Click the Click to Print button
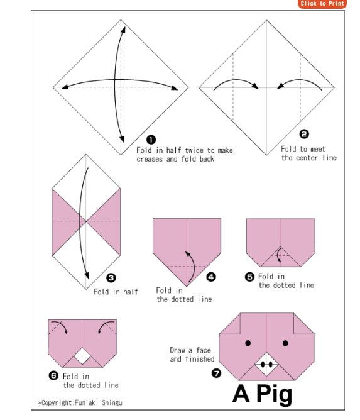(x=322, y=4)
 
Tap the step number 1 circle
(x=151, y=140)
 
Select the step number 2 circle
(x=304, y=134)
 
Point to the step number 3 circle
(x=111, y=278)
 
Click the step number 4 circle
(x=211, y=277)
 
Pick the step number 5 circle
(x=249, y=277)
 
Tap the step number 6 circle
(x=53, y=375)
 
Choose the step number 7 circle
(x=216, y=373)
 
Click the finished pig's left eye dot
(x=248, y=343)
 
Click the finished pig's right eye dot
(x=285, y=343)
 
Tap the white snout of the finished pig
(x=266, y=364)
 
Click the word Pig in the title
(x=275, y=395)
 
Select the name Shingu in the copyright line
(x=112, y=402)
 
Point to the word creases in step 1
(x=150, y=159)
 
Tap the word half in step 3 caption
(x=131, y=292)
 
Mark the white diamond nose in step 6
(x=82, y=356)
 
